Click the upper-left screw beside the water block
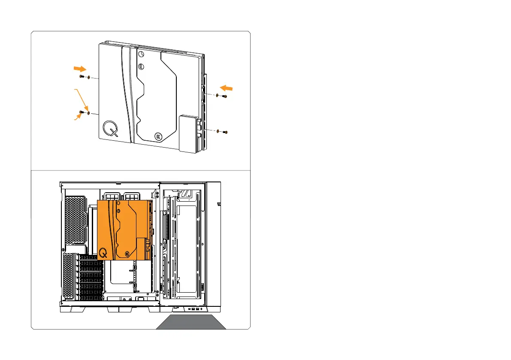tap(82, 76)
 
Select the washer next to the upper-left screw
tap(88, 78)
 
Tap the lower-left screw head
tap(82, 112)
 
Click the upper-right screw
tap(224, 97)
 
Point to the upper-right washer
tap(218, 95)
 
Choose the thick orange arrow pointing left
tap(227, 88)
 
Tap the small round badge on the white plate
tap(158, 136)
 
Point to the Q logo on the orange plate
tap(103, 253)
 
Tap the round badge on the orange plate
tap(127, 254)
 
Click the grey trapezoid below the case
tap(191, 322)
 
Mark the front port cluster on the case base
tap(193, 309)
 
